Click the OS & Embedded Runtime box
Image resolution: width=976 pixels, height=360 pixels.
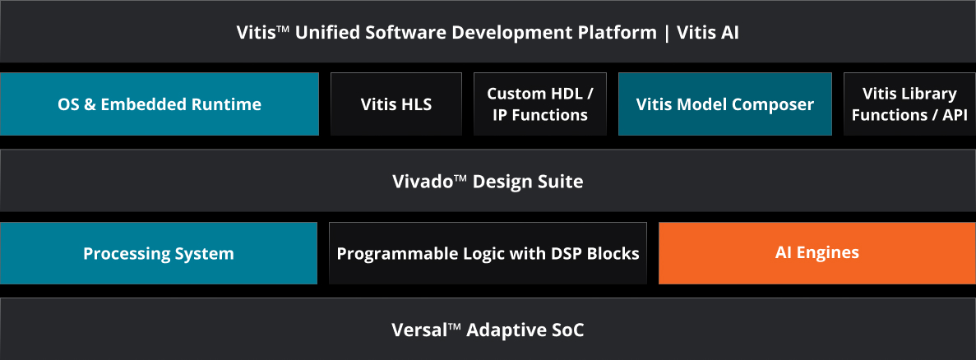(x=160, y=104)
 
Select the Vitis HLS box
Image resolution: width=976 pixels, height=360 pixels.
(x=396, y=104)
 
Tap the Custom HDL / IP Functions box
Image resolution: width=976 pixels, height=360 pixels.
(x=540, y=104)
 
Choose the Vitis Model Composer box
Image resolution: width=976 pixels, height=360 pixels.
(x=725, y=104)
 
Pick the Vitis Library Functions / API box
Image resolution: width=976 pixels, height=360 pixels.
(x=909, y=104)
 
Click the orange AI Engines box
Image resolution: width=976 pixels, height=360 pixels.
(x=817, y=253)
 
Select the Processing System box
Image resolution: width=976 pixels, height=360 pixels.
(x=159, y=253)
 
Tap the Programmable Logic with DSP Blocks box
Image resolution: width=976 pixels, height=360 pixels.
(x=488, y=253)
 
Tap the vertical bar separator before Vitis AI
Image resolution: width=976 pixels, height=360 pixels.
(x=668, y=33)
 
